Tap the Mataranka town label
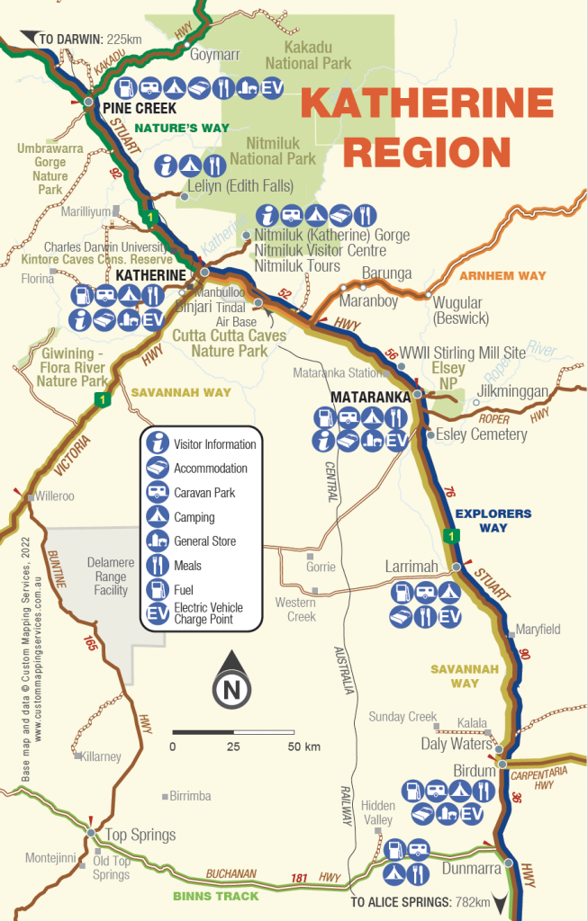pyautogui.click(x=371, y=396)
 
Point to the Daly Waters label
pyautogui.click(x=457, y=744)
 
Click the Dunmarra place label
pyautogui.click(x=472, y=869)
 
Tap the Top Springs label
pyautogui.click(x=140, y=835)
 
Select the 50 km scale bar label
pyautogui.click(x=304, y=747)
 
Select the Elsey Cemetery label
pyautogui.click(x=481, y=435)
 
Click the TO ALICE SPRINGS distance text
pyautogui.click(x=421, y=902)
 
